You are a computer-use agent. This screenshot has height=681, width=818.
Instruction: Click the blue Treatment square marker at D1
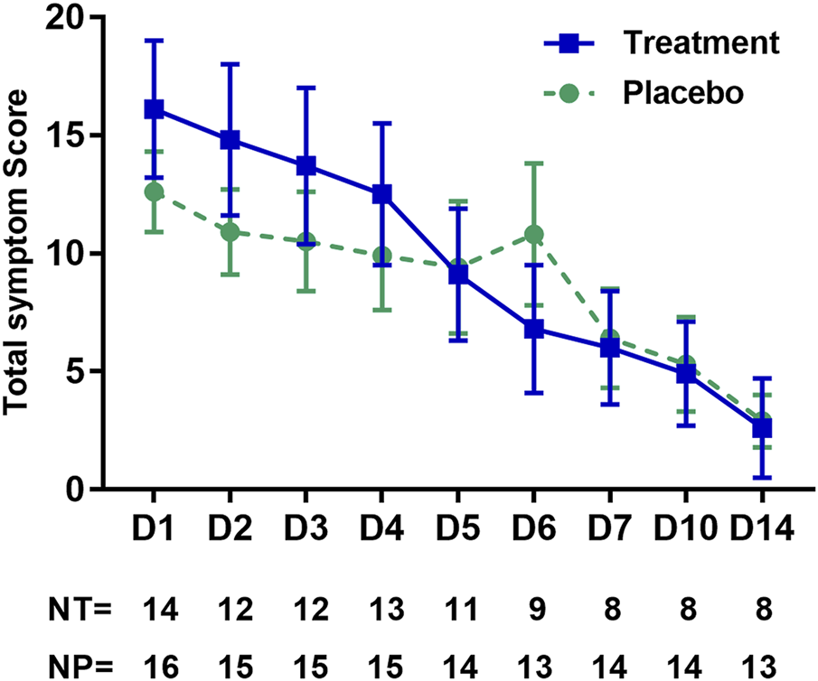point(154,109)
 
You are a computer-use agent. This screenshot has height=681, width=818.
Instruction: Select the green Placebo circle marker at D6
point(533,235)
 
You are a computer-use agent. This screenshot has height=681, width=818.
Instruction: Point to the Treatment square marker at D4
point(381,194)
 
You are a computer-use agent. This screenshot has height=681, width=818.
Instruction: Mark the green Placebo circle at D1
point(154,191)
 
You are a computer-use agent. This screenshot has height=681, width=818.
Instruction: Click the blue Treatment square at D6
point(533,329)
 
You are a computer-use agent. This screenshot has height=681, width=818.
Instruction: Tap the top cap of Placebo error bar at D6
point(533,163)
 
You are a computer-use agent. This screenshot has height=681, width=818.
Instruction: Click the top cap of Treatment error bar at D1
point(154,40)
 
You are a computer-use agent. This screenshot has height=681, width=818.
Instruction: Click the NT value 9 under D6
point(533,609)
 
